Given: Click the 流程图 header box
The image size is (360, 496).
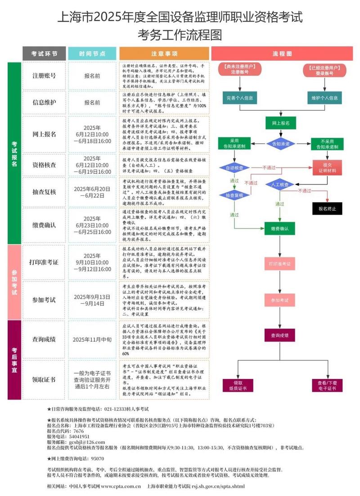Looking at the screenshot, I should tap(282, 54).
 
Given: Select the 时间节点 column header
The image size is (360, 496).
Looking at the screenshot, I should tap(92, 54).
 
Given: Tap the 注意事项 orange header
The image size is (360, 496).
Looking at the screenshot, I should tap(164, 54).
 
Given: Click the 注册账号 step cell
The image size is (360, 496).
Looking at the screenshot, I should tap(44, 76).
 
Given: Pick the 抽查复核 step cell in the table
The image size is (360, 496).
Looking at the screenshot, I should tap(44, 192).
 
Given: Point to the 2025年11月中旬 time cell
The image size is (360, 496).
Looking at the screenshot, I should tap(92, 339).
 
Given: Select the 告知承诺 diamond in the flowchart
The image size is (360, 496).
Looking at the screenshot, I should tap(281, 144).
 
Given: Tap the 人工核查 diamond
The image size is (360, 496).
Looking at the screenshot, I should tap(279, 185).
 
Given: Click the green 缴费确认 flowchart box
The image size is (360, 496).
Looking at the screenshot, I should tap(279, 229).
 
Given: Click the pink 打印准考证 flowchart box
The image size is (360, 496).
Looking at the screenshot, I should tap(279, 263).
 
